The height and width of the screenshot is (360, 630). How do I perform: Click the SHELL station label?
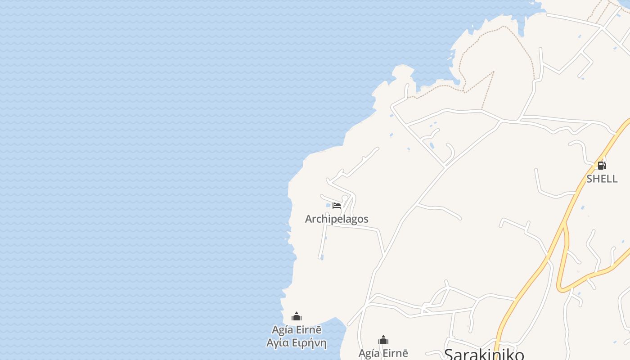click(602, 179)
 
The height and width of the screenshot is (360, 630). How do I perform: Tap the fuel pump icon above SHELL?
click(602, 166)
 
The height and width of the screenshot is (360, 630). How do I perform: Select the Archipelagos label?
click(337, 219)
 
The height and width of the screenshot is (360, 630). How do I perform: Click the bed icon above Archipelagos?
click(337, 206)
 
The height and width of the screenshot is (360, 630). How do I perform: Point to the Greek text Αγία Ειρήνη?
click(296, 343)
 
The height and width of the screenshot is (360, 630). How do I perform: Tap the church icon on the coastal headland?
click(296, 317)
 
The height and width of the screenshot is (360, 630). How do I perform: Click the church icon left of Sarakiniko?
click(383, 340)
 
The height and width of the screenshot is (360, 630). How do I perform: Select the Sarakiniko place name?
click(484, 355)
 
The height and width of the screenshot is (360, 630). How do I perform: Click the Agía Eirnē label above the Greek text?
click(297, 330)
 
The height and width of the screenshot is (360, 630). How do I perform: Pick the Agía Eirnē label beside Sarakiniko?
click(383, 354)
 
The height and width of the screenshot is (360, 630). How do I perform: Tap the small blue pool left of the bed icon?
click(328, 205)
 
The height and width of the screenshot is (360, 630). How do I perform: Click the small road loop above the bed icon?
click(345, 198)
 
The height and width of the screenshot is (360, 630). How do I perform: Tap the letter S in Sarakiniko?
click(449, 355)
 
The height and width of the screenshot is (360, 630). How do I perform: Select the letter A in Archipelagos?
click(309, 219)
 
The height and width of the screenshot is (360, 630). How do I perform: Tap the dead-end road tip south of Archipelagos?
click(320, 258)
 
